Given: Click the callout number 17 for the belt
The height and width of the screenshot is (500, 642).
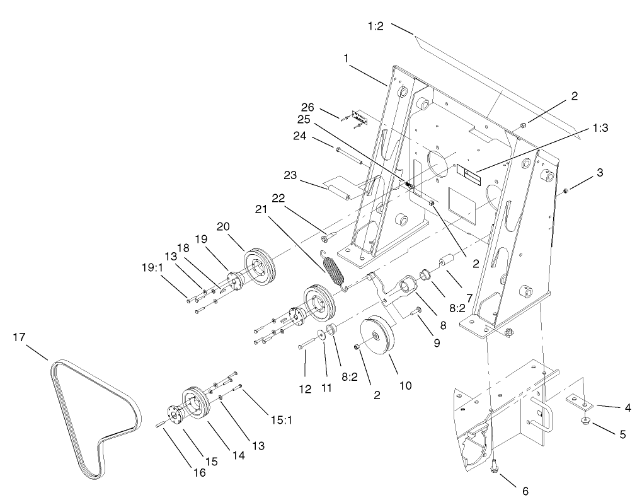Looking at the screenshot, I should (19, 338).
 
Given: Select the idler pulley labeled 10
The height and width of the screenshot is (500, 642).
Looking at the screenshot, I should (377, 339).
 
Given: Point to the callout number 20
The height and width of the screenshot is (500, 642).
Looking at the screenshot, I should (223, 226).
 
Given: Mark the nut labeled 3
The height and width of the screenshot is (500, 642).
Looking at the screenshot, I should (566, 190).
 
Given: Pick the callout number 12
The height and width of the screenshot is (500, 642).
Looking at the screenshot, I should (305, 389).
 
